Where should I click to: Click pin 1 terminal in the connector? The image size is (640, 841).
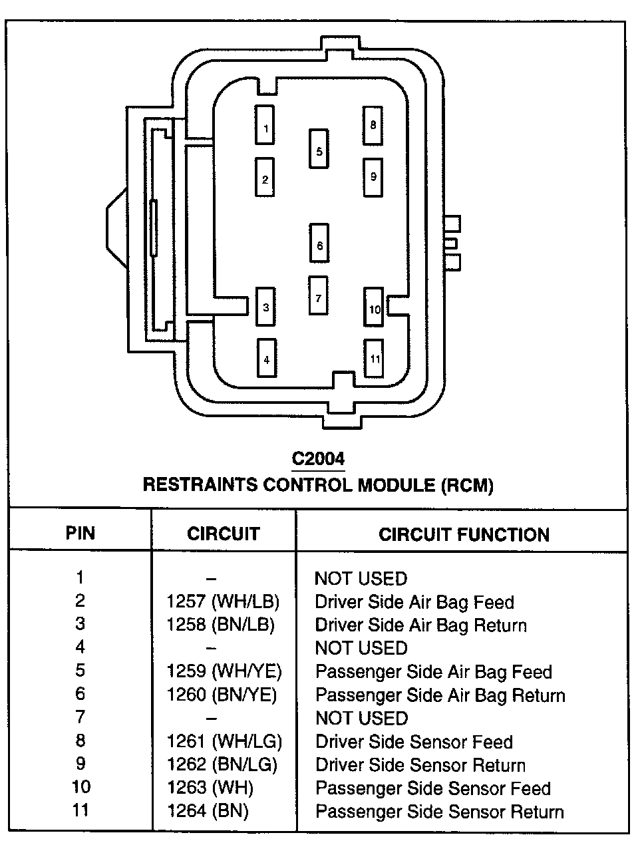click(265, 125)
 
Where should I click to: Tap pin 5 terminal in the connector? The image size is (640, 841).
click(319, 149)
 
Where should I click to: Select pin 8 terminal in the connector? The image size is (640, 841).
click(373, 125)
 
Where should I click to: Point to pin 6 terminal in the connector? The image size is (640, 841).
click(319, 243)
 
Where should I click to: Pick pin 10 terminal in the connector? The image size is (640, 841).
click(375, 307)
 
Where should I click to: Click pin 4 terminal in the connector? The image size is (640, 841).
click(267, 358)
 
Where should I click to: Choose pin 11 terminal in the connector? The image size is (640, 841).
click(375, 358)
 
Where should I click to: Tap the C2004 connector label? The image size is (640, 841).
click(319, 459)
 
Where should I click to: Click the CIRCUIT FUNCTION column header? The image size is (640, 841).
click(464, 534)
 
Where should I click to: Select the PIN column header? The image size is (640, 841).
click(80, 533)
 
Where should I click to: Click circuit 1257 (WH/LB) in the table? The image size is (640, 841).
click(223, 601)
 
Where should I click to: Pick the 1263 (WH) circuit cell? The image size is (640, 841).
click(210, 788)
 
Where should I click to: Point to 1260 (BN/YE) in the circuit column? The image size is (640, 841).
click(222, 695)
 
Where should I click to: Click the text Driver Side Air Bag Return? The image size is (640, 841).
click(420, 625)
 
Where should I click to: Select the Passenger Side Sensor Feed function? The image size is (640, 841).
click(432, 788)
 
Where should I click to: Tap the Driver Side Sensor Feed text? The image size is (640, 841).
click(413, 742)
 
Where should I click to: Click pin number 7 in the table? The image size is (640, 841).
click(80, 718)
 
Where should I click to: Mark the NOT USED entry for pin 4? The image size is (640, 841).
click(361, 648)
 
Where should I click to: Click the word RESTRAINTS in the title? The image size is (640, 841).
click(200, 484)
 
